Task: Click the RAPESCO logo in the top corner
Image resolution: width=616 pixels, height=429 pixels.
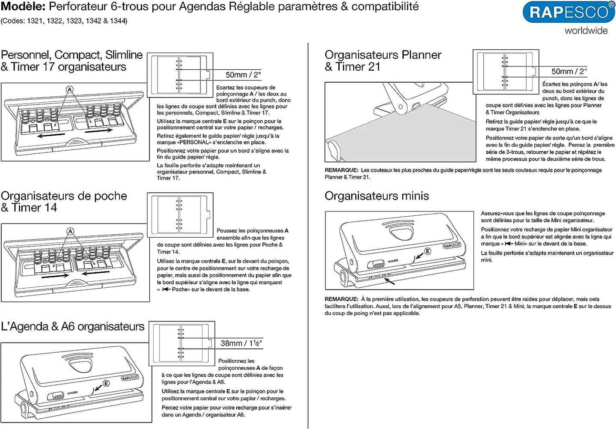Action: click(569, 12)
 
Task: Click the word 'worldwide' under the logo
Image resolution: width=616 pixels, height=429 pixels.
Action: click(586, 31)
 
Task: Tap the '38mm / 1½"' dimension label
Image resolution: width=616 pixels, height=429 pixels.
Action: click(241, 343)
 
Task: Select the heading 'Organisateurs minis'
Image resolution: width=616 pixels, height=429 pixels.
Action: click(376, 196)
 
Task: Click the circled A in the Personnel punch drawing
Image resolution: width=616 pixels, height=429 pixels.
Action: click(70, 89)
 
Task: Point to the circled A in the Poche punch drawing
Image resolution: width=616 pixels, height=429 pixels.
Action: click(70, 231)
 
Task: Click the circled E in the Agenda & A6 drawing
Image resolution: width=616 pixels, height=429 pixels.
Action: click(106, 383)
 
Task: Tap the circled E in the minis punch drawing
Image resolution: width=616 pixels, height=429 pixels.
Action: click(427, 251)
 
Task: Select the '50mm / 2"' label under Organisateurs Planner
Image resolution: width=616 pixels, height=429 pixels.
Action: click(569, 71)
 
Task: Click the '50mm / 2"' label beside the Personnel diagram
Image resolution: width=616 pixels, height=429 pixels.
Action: click(243, 75)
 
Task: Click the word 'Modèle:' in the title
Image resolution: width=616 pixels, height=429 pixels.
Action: click(23, 7)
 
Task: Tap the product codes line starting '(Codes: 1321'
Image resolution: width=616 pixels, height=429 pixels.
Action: click(64, 21)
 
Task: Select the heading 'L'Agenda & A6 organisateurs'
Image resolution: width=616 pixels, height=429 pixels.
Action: click(73, 327)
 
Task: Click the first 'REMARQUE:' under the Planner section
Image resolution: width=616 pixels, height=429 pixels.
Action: click(341, 170)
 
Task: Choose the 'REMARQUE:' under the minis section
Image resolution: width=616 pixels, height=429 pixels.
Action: click(341, 299)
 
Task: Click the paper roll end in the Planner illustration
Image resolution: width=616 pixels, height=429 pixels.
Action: click(334, 150)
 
